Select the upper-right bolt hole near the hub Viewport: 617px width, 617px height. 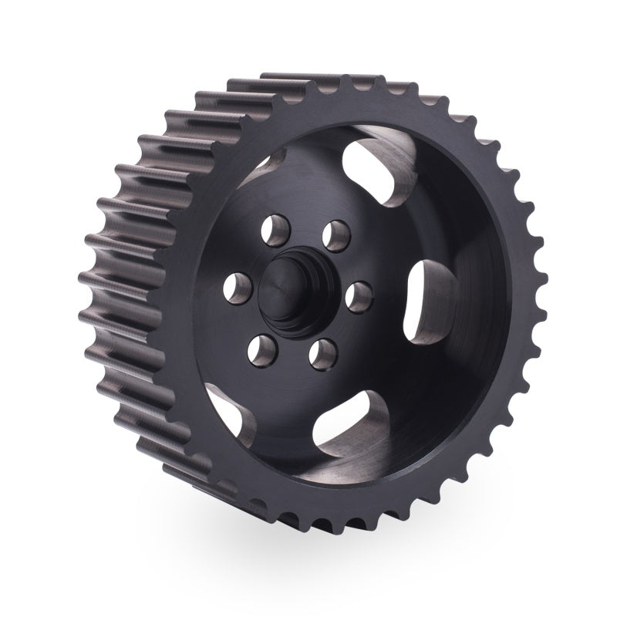[x=335, y=231]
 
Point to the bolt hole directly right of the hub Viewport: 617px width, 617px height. [x=360, y=294]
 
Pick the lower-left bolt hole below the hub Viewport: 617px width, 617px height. [x=259, y=352]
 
